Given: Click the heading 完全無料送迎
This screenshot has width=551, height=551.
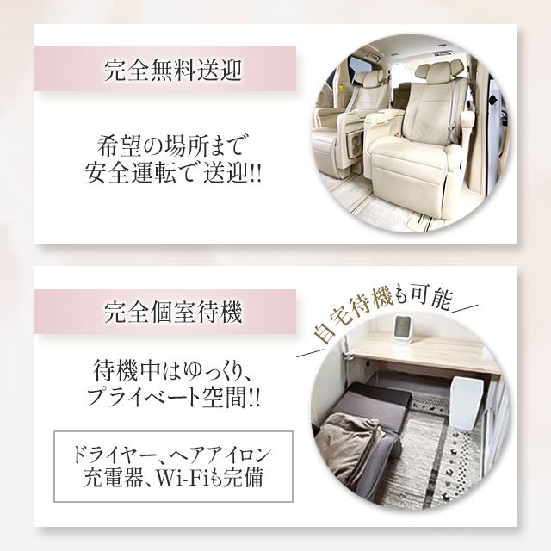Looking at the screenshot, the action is (173, 70).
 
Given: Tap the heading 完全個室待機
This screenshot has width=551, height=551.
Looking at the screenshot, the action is (173, 312).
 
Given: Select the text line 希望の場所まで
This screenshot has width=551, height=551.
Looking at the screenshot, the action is (171, 145).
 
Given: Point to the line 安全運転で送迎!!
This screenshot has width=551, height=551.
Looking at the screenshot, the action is (173, 173).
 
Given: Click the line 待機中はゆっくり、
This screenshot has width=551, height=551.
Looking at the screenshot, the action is (172, 371).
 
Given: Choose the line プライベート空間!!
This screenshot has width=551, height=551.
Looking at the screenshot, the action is (173, 398).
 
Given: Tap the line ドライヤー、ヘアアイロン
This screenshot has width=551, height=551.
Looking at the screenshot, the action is (171, 455).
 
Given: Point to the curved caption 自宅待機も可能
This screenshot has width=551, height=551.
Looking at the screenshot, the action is (382, 311).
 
